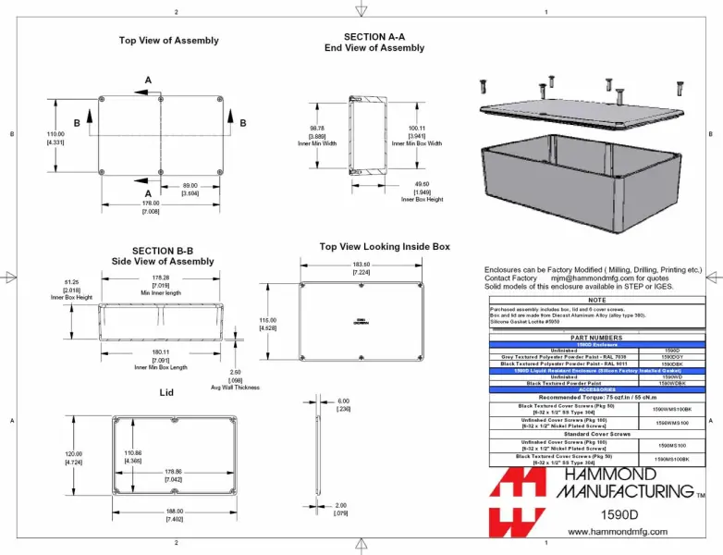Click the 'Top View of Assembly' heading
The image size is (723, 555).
coord(168,41)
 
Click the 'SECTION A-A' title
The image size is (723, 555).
coord(374,37)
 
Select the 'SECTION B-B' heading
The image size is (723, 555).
coord(163,251)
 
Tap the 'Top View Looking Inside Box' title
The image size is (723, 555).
coord(385,247)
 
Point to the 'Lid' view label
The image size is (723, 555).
coord(166,392)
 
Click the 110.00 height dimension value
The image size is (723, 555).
coord(56,135)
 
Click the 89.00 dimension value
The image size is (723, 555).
coord(190,186)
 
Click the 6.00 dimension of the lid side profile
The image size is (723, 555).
coord(344,401)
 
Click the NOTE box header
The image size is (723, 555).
coord(596,300)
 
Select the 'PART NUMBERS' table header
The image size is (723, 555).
coord(596,338)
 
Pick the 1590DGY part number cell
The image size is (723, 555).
coord(672,356)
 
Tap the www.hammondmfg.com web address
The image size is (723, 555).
coord(617,533)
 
